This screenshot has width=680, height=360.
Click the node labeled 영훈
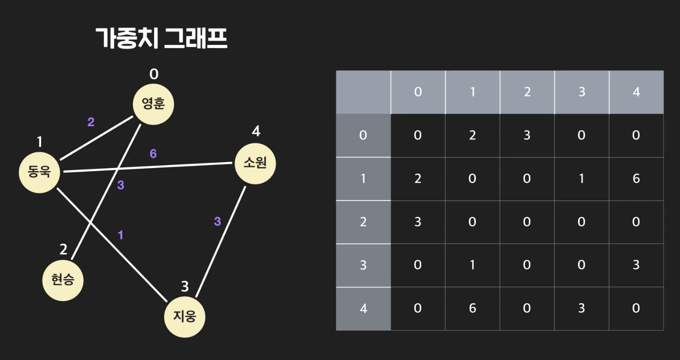coord(153,104)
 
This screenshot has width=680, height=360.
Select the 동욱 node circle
coord(39,172)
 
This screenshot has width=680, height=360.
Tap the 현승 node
coord(63,280)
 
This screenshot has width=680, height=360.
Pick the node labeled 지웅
coord(184,317)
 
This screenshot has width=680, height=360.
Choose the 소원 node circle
coord(255,163)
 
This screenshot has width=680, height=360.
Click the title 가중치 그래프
coord(162,38)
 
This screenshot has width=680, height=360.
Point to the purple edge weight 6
coord(153,154)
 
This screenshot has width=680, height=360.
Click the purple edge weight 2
coord(91,122)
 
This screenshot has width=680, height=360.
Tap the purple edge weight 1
coord(120,235)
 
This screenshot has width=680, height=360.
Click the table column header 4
coord(636,92)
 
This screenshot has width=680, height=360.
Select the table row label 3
coord(363,265)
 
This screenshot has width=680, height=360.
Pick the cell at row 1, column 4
coord(636,179)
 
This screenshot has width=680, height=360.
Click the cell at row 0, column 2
coord(527,135)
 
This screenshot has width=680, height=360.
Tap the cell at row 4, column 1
coord(472,308)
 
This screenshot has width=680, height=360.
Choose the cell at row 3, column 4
coord(636,265)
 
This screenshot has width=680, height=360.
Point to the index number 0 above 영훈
coord(154,74)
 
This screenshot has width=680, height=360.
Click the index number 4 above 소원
coord(256,131)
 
